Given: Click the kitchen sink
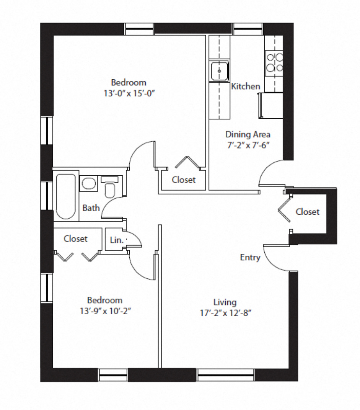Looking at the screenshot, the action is point(220,71).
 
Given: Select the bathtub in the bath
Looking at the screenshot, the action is point(66,196).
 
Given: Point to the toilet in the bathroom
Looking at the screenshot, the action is point(110,187).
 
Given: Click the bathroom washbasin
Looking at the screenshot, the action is point(88,183).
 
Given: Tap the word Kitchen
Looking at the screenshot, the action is point(246,86).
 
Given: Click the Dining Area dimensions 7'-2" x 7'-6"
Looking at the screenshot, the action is point(248,145).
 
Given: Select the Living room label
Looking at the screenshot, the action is point(225,302).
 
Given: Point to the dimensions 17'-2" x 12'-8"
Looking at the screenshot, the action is point(225,313).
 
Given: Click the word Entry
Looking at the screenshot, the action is point(250,258).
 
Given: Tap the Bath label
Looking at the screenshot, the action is point(91,208).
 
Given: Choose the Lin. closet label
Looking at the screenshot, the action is point(117,240).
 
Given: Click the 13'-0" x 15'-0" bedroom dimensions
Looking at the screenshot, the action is point(129,93).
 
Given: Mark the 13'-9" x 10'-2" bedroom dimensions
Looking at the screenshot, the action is point(105,311).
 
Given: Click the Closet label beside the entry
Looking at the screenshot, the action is point(308,212).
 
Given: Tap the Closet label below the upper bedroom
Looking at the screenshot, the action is point(184,180).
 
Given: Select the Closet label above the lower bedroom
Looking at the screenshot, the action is point(75,239).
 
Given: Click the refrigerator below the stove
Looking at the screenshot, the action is point(271,105).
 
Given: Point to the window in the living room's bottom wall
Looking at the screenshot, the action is point(225,375).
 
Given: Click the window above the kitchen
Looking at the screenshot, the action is point(248,29).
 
